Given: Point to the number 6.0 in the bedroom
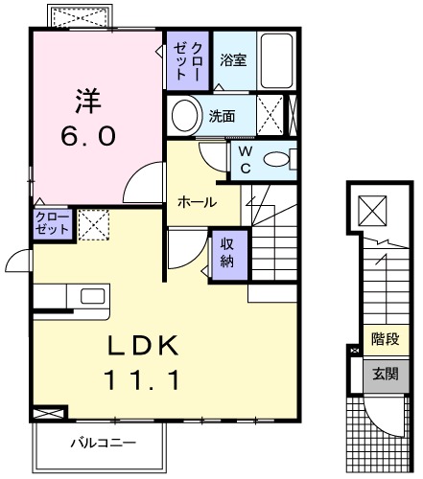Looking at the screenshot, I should click(x=89, y=136).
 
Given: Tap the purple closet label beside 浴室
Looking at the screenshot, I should click(x=186, y=58).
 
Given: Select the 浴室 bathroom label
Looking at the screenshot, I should click(x=233, y=59).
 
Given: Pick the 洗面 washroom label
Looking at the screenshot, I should click(x=223, y=116).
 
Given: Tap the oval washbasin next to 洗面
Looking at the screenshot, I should click(x=184, y=116).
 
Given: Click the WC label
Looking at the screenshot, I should click(x=245, y=159).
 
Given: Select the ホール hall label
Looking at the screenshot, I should click(x=195, y=202).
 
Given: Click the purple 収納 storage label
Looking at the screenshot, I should click(x=229, y=251).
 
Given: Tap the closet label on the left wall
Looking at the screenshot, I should click(x=52, y=223).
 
